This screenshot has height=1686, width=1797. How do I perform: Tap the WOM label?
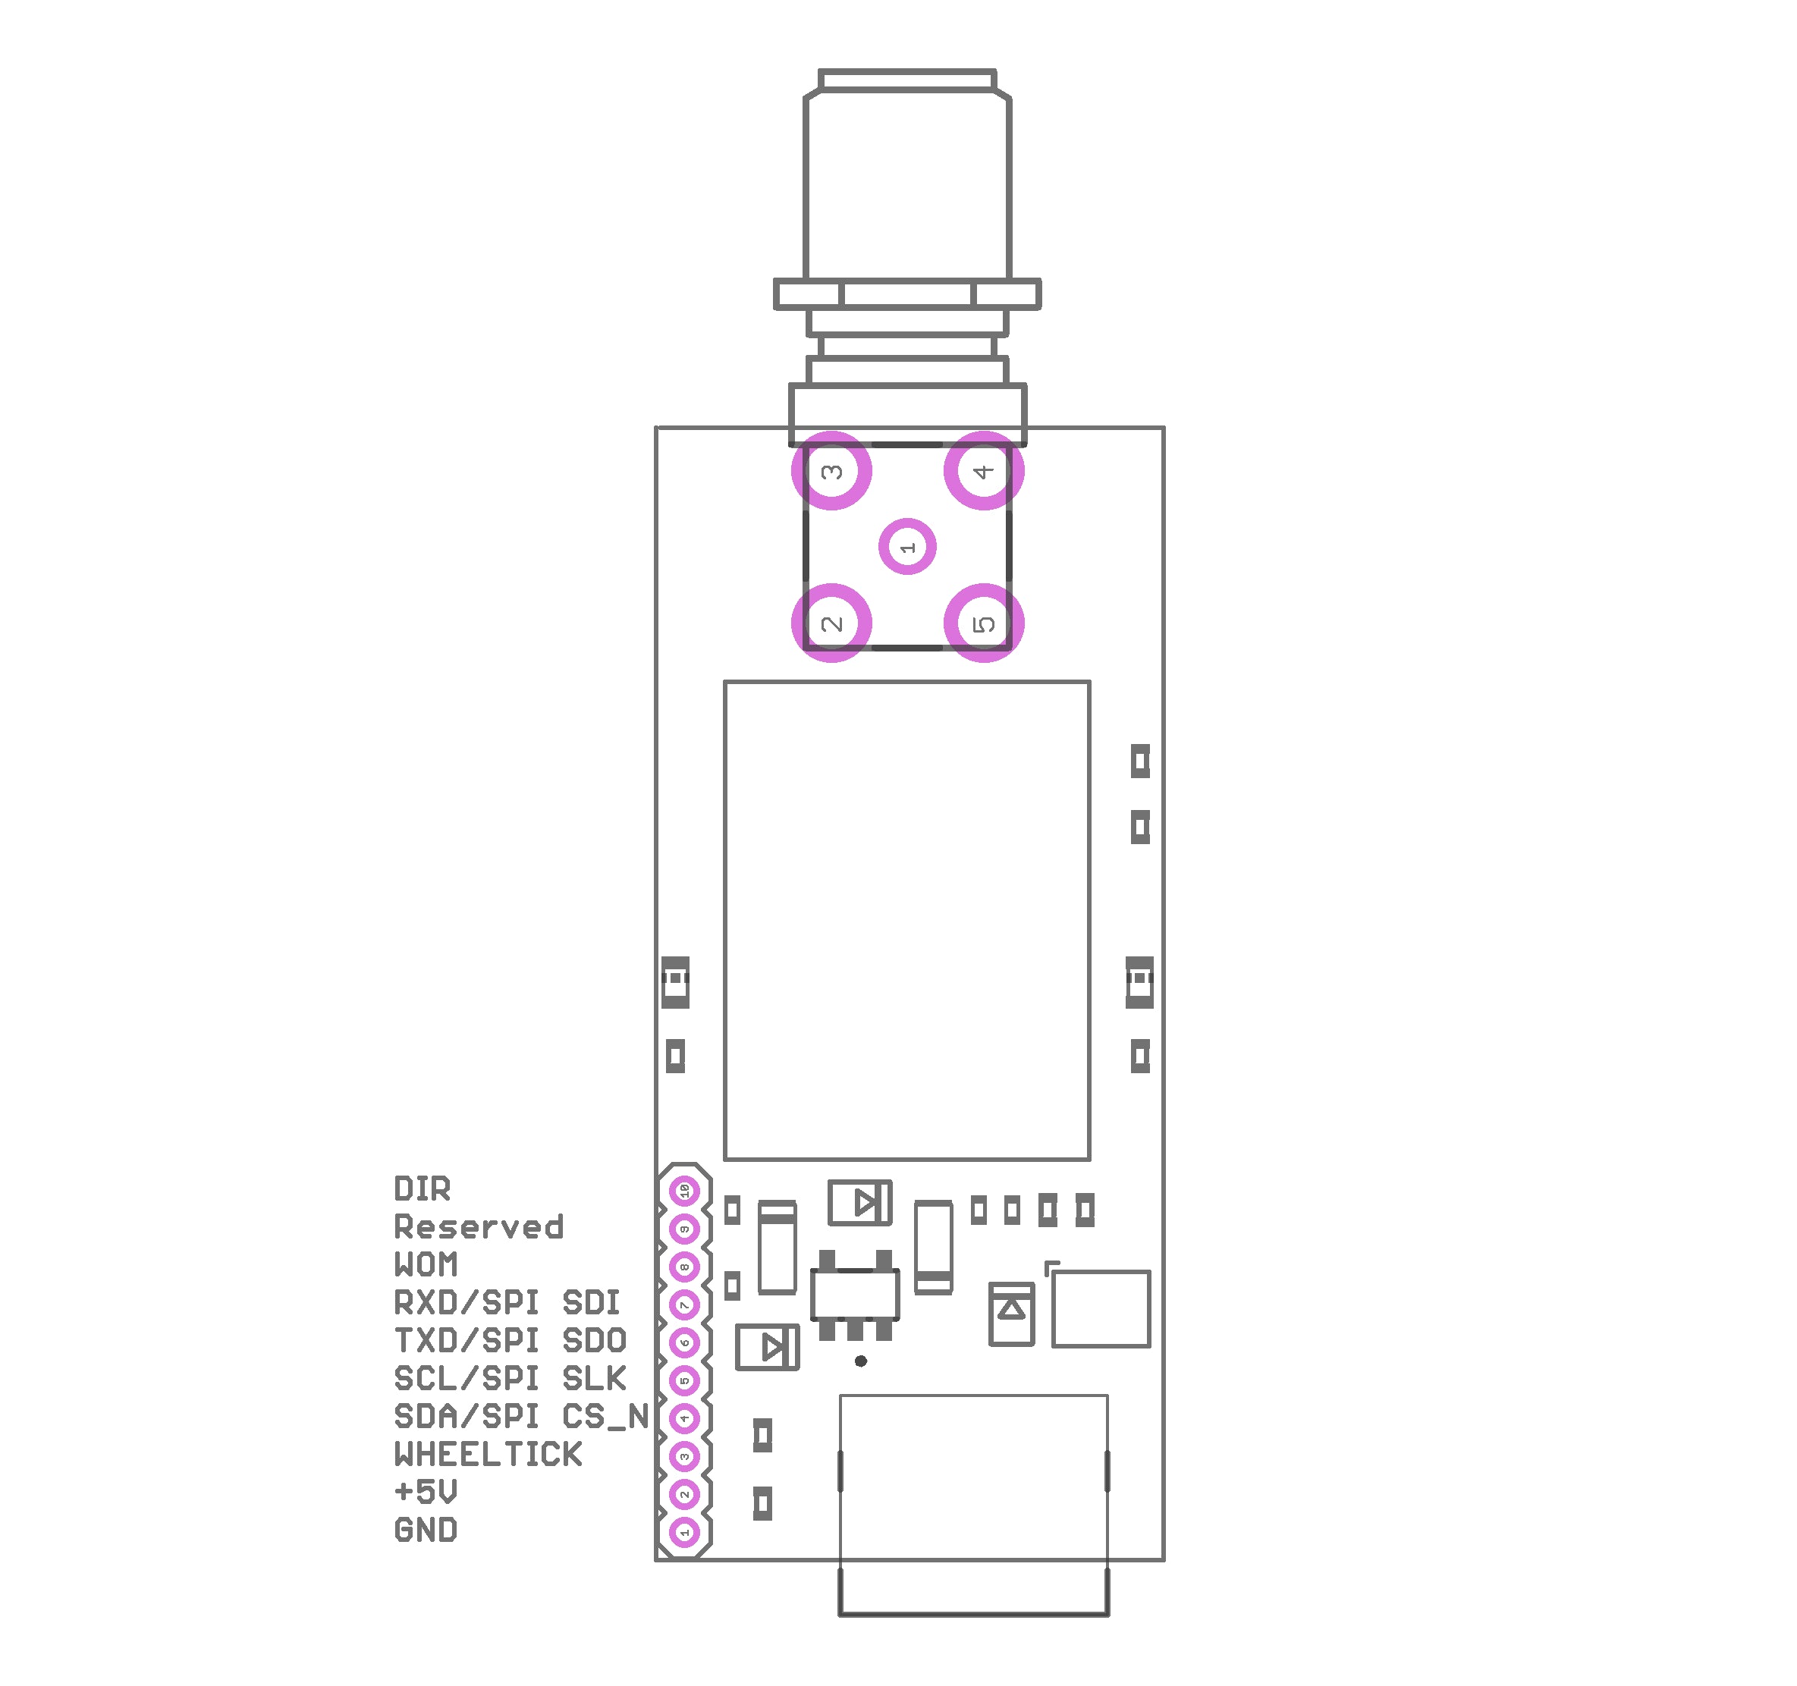(x=425, y=1265)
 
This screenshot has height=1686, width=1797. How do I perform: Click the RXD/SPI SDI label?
(x=506, y=1303)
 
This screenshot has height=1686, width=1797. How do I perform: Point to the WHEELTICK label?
(x=488, y=1455)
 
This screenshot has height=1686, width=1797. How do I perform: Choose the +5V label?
(x=425, y=1492)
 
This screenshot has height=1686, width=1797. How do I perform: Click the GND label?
(x=425, y=1531)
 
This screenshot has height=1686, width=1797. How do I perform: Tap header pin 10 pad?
(x=684, y=1192)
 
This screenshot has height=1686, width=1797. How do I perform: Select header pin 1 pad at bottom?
(x=684, y=1532)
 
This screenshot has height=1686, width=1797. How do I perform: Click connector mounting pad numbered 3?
(x=831, y=471)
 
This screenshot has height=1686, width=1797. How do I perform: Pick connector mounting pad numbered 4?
(x=984, y=471)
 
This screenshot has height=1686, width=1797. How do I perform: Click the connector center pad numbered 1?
(x=906, y=547)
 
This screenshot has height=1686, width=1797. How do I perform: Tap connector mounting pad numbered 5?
(x=984, y=623)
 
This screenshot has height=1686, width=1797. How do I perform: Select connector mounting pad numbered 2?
(x=831, y=623)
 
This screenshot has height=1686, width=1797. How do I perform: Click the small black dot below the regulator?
(x=860, y=1361)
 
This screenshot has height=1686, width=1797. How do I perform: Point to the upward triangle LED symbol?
(x=1011, y=1310)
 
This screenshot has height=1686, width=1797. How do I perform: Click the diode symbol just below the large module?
(x=860, y=1203)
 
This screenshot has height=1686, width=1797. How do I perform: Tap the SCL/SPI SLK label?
(x=510, y=1379)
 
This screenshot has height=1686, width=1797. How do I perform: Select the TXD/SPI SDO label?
(x=510, y=1341)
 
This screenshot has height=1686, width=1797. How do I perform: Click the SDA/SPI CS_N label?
(x=522, y=1417)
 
